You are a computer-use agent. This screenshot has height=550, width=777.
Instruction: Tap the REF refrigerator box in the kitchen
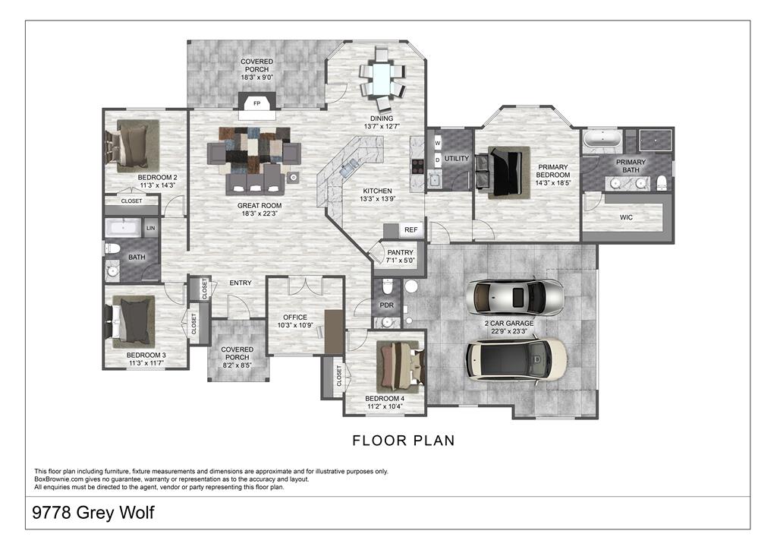(411, 229)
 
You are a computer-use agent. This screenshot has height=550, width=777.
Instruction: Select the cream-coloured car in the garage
(516, 357)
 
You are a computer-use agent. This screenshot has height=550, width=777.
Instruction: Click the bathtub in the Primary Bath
(602, 140)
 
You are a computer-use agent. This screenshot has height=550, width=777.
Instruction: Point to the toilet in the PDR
(388, 287)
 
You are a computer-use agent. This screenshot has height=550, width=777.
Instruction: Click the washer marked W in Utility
(438, 141)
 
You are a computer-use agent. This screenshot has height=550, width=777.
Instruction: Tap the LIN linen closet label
(150, 228)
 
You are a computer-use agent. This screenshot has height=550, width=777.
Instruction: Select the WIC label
(626, 217)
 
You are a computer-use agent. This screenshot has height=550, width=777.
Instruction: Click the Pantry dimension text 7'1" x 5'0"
(400, 261)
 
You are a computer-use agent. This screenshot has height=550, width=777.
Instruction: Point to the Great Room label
(260, 205)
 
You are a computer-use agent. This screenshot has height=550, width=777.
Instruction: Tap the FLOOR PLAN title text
(404, 441)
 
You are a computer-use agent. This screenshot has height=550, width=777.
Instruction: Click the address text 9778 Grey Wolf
(94, 513)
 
